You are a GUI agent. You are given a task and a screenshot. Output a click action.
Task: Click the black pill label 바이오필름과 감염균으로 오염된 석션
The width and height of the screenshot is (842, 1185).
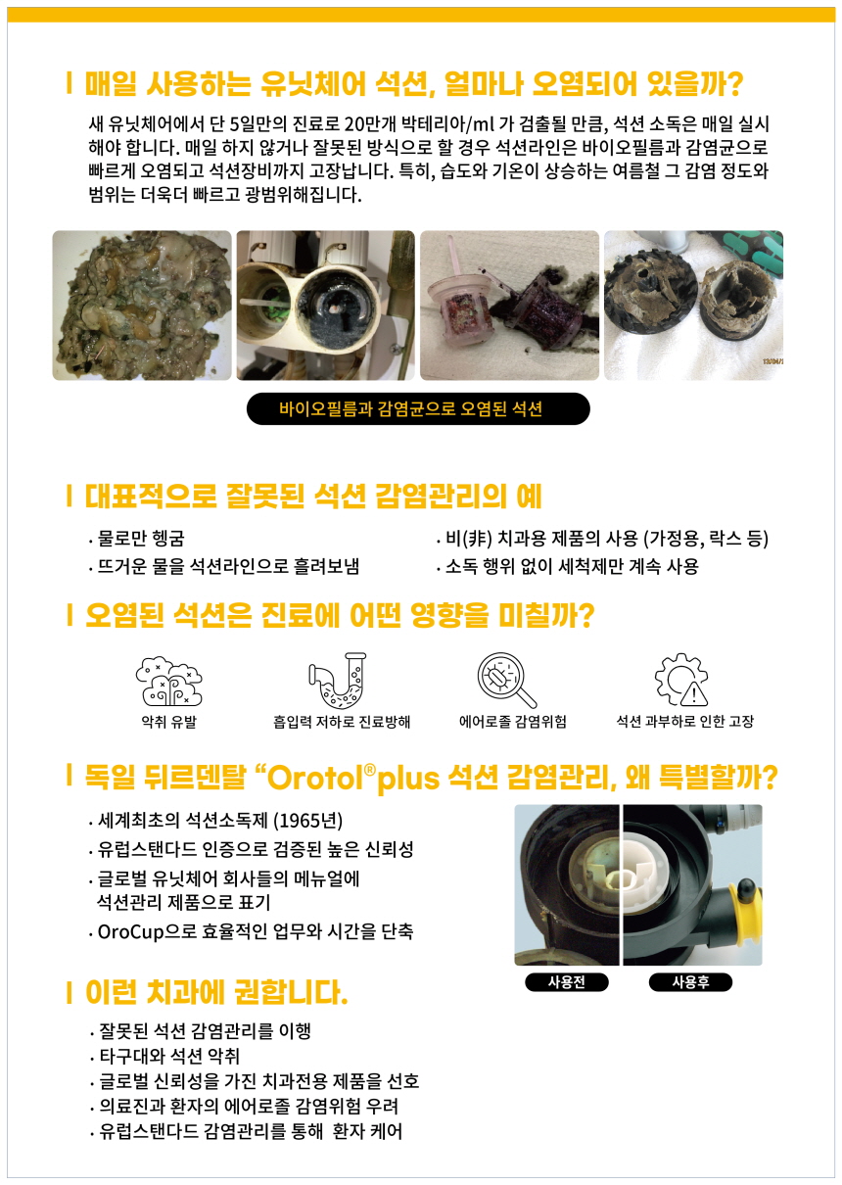tap(418, 408)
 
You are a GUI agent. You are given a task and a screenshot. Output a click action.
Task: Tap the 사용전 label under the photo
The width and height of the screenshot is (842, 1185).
tap(567, 982)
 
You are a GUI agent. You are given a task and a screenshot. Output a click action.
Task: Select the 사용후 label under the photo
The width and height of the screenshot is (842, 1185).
tap(690, 982)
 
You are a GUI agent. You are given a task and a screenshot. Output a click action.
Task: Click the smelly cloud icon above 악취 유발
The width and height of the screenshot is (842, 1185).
tap(168, 681)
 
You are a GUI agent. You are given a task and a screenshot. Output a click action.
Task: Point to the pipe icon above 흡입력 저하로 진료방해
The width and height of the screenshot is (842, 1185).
tap(338, 681)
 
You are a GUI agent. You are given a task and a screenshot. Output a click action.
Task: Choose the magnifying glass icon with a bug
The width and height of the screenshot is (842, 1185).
tap(506, 681)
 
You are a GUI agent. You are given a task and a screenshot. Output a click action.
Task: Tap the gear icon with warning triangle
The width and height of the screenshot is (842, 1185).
tap(681, 680)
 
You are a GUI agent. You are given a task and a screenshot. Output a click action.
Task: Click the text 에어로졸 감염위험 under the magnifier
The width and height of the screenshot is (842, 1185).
tap(512, 722)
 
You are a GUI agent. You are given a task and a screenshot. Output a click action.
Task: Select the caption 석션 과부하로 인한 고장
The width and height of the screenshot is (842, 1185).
tap(684, 722)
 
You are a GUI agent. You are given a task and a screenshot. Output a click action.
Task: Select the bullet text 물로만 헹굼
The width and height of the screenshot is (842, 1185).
tap(141, 539)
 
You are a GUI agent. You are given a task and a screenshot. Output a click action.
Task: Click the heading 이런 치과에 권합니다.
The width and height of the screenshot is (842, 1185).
tap(216, 992)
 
